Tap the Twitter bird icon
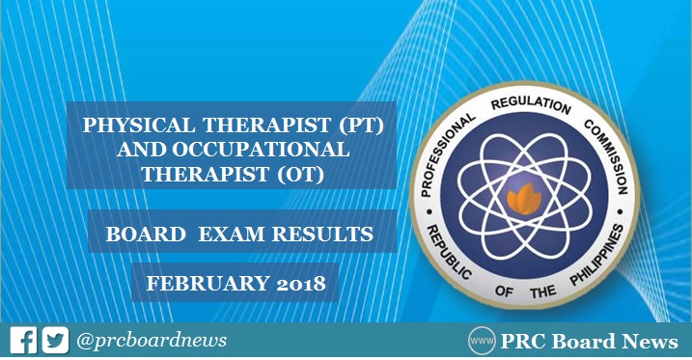[x=55, y=341]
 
